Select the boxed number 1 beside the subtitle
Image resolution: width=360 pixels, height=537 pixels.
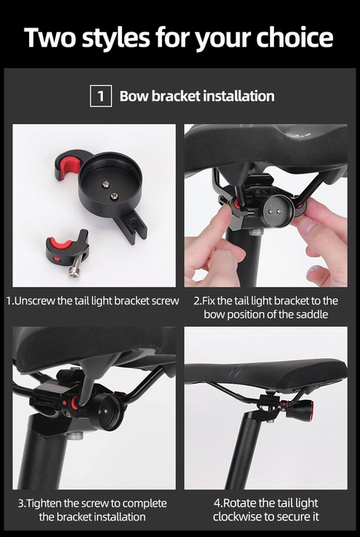[101, 97]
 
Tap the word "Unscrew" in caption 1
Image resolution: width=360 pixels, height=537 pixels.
[35, 301]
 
